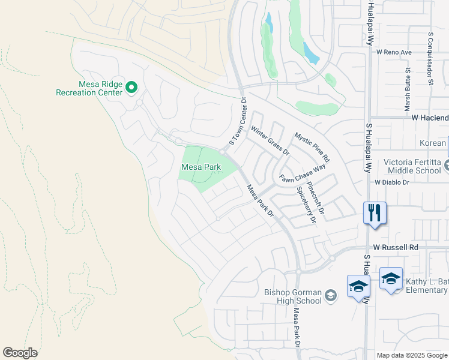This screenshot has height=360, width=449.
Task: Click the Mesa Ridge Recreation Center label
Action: coord(89,88)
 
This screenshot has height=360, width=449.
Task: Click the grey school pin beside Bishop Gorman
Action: coord(330,295)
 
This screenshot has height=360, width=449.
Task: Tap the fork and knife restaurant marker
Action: coord(375,213)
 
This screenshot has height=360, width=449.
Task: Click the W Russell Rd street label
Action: coord(395,247)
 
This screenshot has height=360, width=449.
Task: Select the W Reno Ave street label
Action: coord(394,52)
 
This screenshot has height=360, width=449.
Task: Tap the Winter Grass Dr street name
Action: coord(270,140)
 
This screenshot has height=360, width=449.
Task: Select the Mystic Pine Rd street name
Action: coord(312,148)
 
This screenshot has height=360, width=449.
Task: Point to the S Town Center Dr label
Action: coord(235,122)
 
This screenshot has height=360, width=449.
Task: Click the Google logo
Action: coord(20,352)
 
